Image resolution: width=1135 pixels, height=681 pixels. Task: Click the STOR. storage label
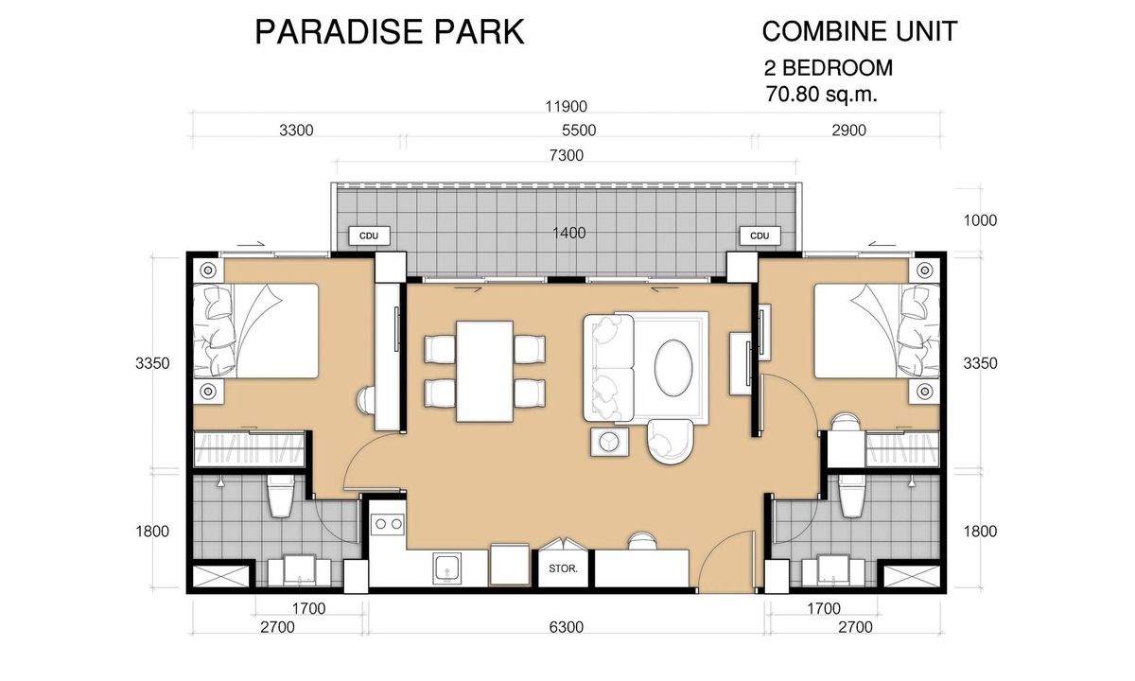click(563, 568)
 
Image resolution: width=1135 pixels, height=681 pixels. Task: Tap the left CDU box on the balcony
click(370, 236)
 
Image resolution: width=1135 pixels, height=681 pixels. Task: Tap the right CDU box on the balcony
click(760, 236)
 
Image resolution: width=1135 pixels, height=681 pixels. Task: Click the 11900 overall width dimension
click(566, 106)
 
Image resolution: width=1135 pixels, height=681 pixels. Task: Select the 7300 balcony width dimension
click(566, 155)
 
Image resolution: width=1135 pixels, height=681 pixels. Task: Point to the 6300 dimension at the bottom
click(566, 627)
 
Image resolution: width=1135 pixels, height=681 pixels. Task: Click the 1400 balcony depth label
click(568, 233)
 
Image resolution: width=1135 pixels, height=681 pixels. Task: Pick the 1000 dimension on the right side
click(980, 220)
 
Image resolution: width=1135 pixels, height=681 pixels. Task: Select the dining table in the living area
click(485, 371)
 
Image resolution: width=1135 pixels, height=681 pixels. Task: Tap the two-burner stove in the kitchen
click(387, 524)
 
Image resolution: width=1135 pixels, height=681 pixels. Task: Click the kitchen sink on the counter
click(446, 567)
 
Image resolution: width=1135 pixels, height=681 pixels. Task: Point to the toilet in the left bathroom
click(281, 496)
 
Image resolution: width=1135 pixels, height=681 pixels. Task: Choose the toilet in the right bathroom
click(852, 496)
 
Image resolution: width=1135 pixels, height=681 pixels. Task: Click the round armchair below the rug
click(670, 441)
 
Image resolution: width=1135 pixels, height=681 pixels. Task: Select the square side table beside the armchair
click(609, 442)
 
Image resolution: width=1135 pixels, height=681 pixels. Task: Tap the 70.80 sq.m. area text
click(821, 95)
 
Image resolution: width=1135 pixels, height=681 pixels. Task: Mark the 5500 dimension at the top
click(579, 131)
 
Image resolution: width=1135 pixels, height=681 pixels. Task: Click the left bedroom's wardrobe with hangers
click(250, 449)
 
